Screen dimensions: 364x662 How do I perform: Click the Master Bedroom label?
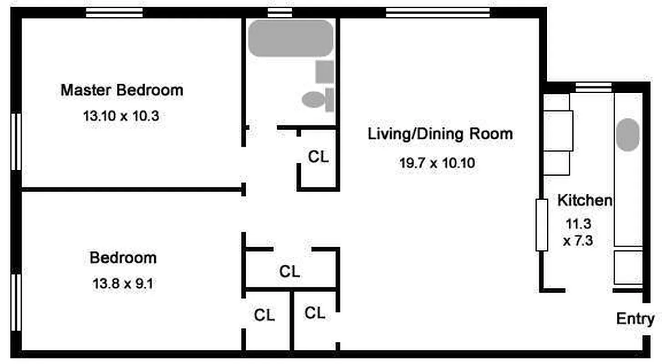pos(122,90)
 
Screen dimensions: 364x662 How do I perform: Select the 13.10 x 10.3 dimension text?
pos(121,116)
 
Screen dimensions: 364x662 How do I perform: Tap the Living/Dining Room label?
pos(440,134)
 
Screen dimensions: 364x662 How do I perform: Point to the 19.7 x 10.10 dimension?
pos(437,163)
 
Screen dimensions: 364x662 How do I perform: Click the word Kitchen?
pos(585,200)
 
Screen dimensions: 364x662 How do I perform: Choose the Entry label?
pos(635,319)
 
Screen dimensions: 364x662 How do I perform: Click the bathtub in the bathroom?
pos(290,38)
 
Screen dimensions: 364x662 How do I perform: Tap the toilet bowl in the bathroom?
pos(313,99)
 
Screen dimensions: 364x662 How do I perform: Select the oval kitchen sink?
pos(628,135)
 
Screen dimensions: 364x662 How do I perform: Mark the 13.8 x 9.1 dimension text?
pos(123,284)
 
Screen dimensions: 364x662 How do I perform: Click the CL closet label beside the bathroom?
pos(318,157)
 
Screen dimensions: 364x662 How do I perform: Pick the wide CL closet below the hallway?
pos(290,272)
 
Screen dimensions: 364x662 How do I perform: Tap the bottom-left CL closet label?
pos(265,315)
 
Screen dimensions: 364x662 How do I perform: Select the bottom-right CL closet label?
pos(315,313)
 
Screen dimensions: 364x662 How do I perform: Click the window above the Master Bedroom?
pos(114,13)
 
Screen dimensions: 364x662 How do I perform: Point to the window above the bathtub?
pos(280,13)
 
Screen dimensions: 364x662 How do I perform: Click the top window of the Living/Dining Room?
pos(438,13)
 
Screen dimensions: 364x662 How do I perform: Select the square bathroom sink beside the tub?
pos(324,71)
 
